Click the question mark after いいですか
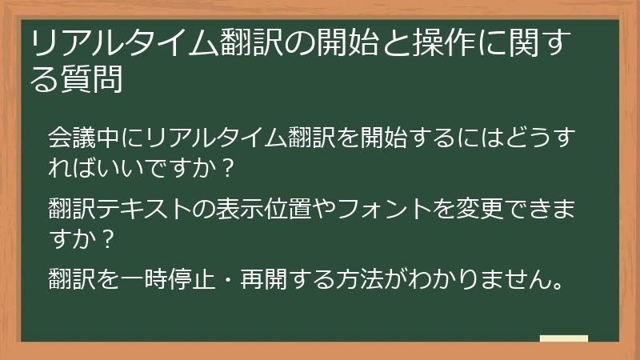(227, 168)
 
